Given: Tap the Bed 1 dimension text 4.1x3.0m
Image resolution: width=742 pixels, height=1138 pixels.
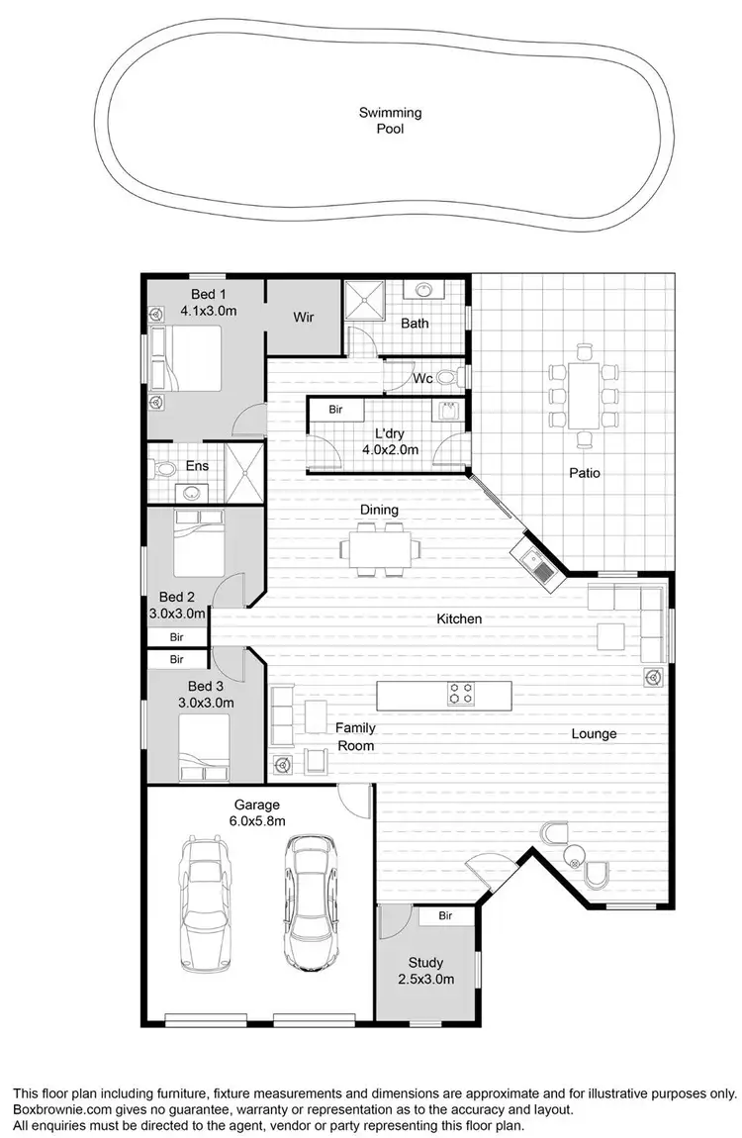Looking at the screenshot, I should [208, 310].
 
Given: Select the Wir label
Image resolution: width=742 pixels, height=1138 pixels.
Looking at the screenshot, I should [304, 318].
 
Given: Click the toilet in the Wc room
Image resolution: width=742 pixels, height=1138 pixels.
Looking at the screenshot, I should [450, 377].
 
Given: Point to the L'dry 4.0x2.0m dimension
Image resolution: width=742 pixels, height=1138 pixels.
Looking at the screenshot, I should [391, 449].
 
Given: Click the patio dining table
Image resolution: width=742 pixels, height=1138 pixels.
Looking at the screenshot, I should [584, 393].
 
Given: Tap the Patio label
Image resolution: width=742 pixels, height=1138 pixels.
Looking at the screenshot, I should [585, 473].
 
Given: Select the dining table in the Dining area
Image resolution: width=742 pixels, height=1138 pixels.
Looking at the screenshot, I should [379, 547].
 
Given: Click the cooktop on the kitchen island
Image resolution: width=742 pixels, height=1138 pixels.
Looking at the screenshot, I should [461, 693].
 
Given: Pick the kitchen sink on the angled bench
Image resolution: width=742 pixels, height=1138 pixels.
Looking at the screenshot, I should [540, 567].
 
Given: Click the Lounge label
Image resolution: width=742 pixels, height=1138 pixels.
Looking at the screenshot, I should [594, 733].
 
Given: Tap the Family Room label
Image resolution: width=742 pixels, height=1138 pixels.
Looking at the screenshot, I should [355, 736].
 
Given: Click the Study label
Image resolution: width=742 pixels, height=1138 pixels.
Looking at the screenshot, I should [425, 962].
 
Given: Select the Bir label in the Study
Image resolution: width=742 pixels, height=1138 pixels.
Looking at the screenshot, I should [445, 916].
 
